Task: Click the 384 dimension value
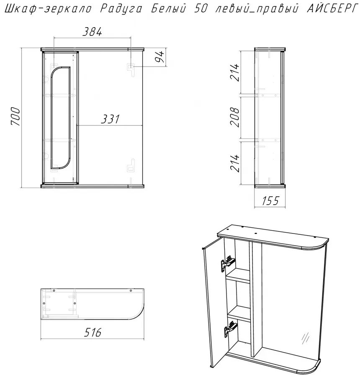coord(92,32)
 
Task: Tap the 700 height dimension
coord(16,117)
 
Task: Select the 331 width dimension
coord(111,119)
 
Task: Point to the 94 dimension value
coord(160,57)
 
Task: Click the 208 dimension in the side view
coord(235,117)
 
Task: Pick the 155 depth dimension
coord(270,200)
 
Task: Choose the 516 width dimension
coord(93,332)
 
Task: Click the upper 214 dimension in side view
coord(235,72)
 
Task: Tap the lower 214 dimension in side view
coord(235,163)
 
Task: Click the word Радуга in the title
coord(121,8)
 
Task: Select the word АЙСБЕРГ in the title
coord(332,8)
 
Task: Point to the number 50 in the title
coord(201,8)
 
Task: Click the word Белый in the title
coord(169,8)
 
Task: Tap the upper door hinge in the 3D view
coord(228,263)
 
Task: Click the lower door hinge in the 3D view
coord(231,329)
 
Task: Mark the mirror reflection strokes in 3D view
coord(306,338)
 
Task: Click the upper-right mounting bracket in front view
coord(131,69)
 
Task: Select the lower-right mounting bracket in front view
coord(131,166)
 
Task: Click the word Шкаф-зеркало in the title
coord(48,9)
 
